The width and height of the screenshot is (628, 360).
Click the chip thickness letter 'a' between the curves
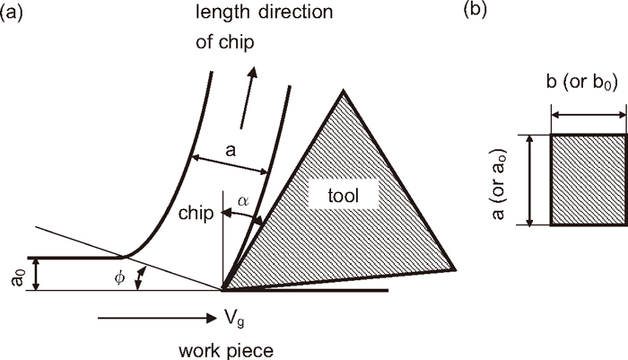pyautogui.click(x=231, y=152)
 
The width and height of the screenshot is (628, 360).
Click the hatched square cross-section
pyautogui.click(x=588, y=180)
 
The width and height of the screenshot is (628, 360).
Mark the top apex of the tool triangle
pyautogui.click(x=342, y=90)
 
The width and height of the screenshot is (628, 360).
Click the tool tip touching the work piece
pyautogui.click(x=222, y=290)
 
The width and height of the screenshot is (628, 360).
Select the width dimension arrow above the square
pyautogui.click(x=588, y=116)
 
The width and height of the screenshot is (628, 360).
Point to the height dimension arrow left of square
pyautogui.click(x=530, y=180)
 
